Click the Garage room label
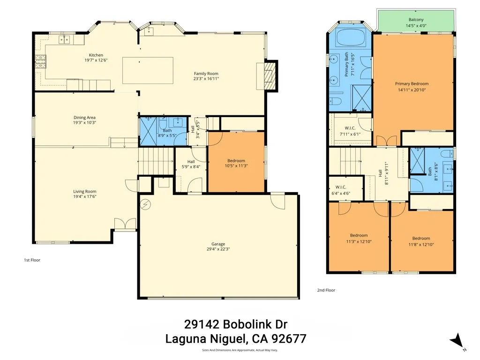pyautogui.click(x=218, y=244)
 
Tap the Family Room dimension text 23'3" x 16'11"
pyautogui.click(x=206, y=79)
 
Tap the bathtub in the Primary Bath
pyautogui.click(x=352, y=37)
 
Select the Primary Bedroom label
pyautogui.click(x=412, y=84)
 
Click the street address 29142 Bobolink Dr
pyautogui.click(x=235, y=324)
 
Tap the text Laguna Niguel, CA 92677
pyautogui.click(x=236, y=338)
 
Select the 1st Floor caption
pyautogui.click(x=32, y=260)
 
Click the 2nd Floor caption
pyautogui.click(x=326, y=290)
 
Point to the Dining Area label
pyautogui.click(x=84, y=118)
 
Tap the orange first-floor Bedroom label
pyautogui.click(x=236, y=161)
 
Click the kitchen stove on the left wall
pyautogui.click(x=41, y=61)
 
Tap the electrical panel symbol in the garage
pyautogui.click(x=146, y=204)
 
